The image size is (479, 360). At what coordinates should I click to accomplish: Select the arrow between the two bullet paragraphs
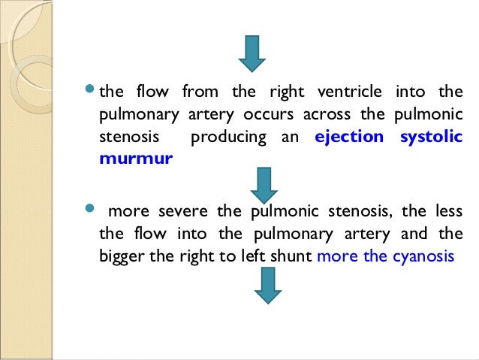pyautogui.click(x=264, y=185)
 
